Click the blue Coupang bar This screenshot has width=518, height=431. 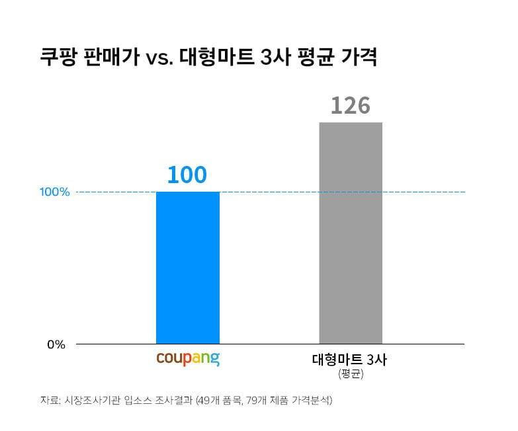pyautogui.click(x=188, y=268)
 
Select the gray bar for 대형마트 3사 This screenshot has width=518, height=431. pyautogui.click(x=351, y=233)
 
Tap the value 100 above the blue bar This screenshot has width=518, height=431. pyautogui.click(x=187, y=175)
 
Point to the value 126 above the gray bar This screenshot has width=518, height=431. pyautogui.click(x=350, y=105)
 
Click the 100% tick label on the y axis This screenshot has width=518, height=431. pyautogui.click(x=54, y=192)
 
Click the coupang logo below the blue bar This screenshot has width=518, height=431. pyautogui.click(x=188, y=360)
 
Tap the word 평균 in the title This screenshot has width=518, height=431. pyautogui.click(x=315, y=58)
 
